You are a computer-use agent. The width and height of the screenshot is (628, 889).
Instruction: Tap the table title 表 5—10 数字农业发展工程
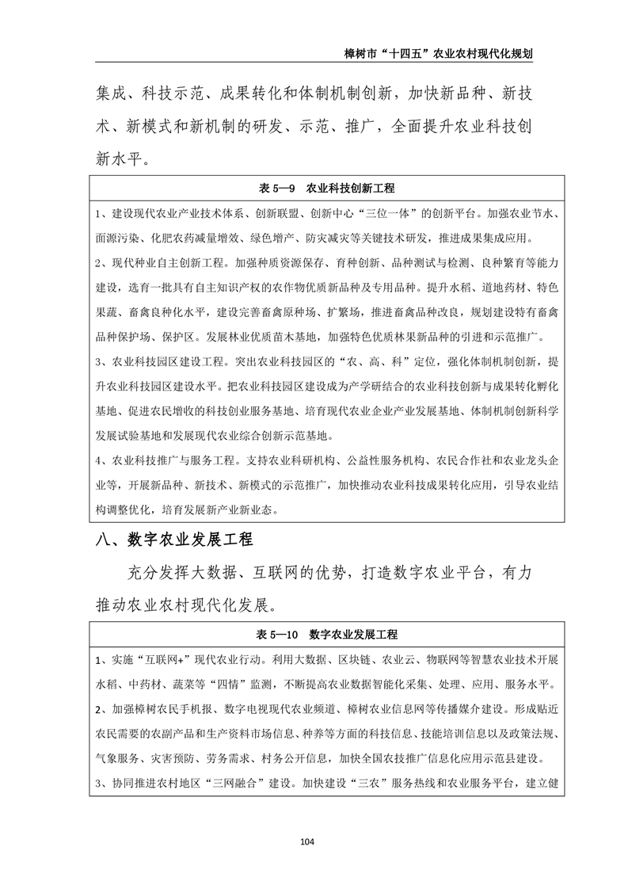tap(327, 634)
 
